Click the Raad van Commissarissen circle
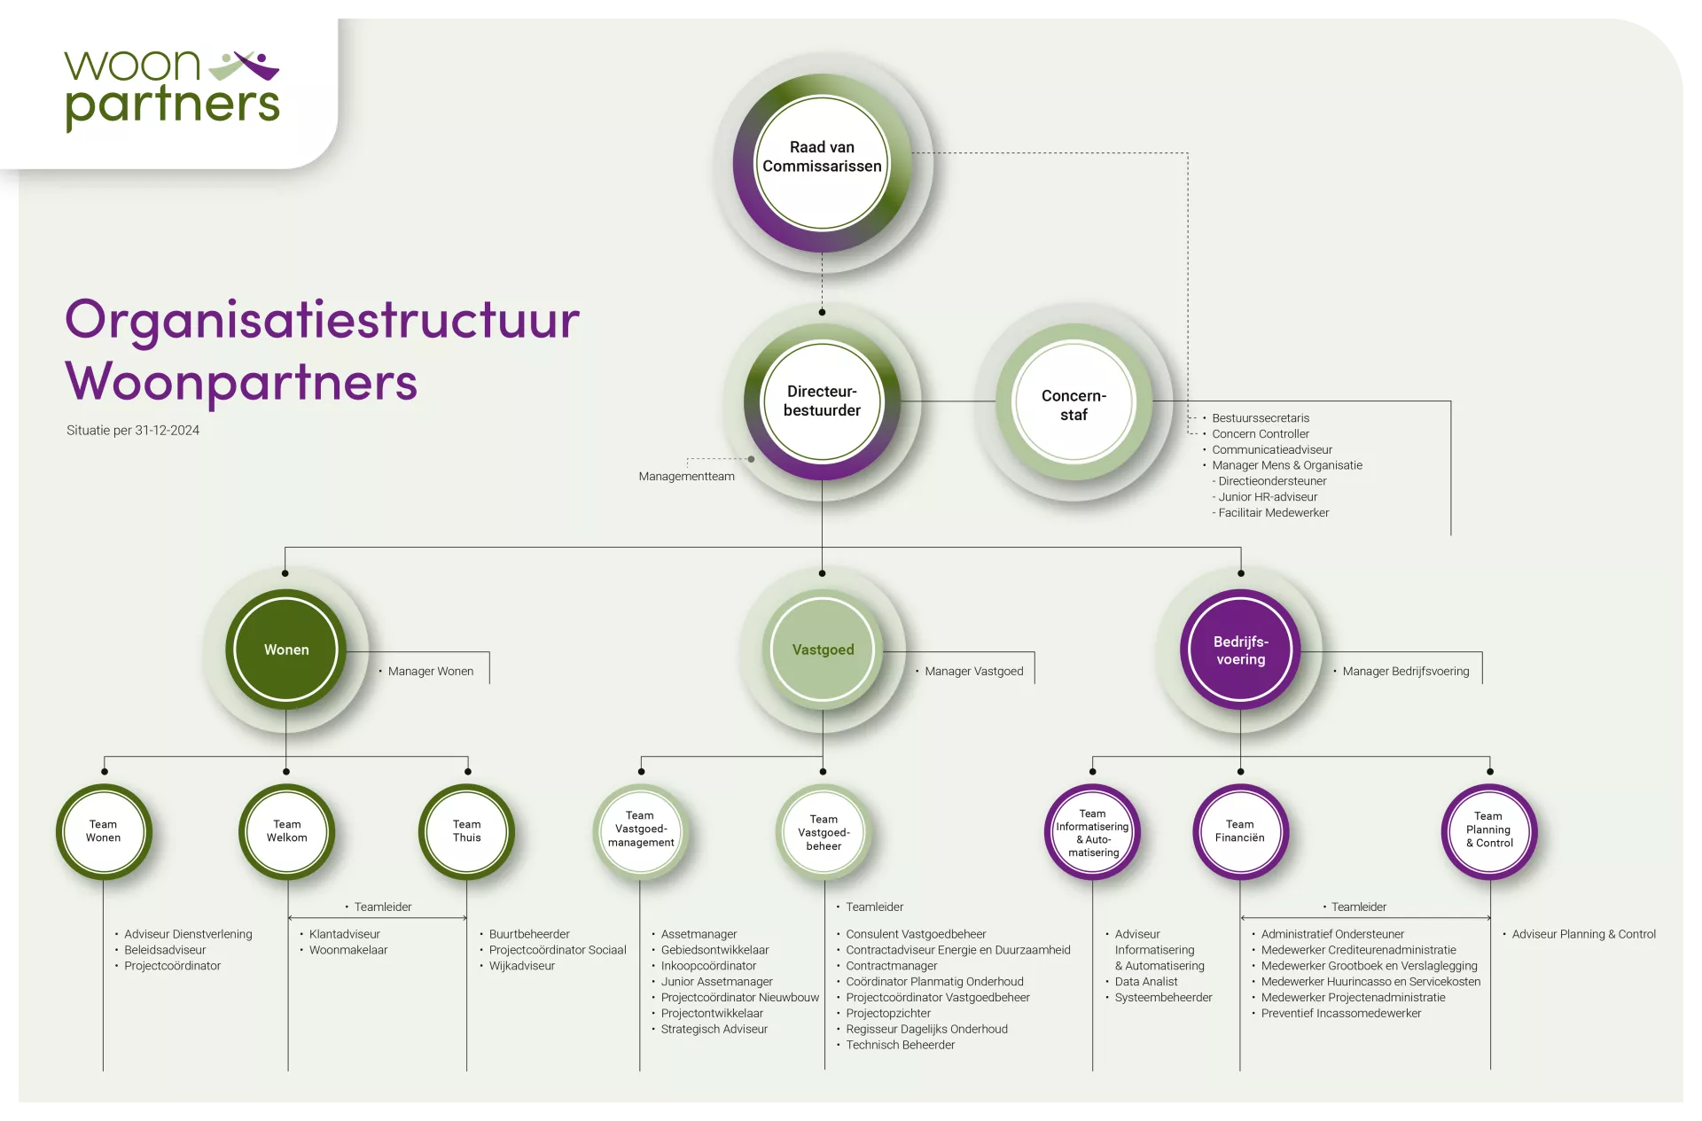[x=822, y=164]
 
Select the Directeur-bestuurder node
[x=822, y=401]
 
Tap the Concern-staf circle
[x=1074, y=404]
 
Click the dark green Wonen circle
[x=286, y=650]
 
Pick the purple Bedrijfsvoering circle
[x=1240, y=650]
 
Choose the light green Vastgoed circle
[x=823, y=650]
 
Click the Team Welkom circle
[x=287, y=831]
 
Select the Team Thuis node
[x=466, y=831]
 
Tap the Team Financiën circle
[x=1240, y=831]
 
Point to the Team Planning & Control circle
[x=1489, y=831]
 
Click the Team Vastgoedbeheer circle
[x=824, y=831]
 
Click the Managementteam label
[x=686, y=477]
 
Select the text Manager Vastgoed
[x=973, y=672]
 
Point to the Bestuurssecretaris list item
[x=1261, y=418]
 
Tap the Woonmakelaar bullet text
[x=348, y=950]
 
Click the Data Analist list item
[x=1146, y=982]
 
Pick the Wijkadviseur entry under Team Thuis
[x=522, y=966]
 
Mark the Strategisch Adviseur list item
[x=714, y=1030]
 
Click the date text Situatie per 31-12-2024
[x=133, y=431]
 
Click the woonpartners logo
[x=172, y=90]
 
